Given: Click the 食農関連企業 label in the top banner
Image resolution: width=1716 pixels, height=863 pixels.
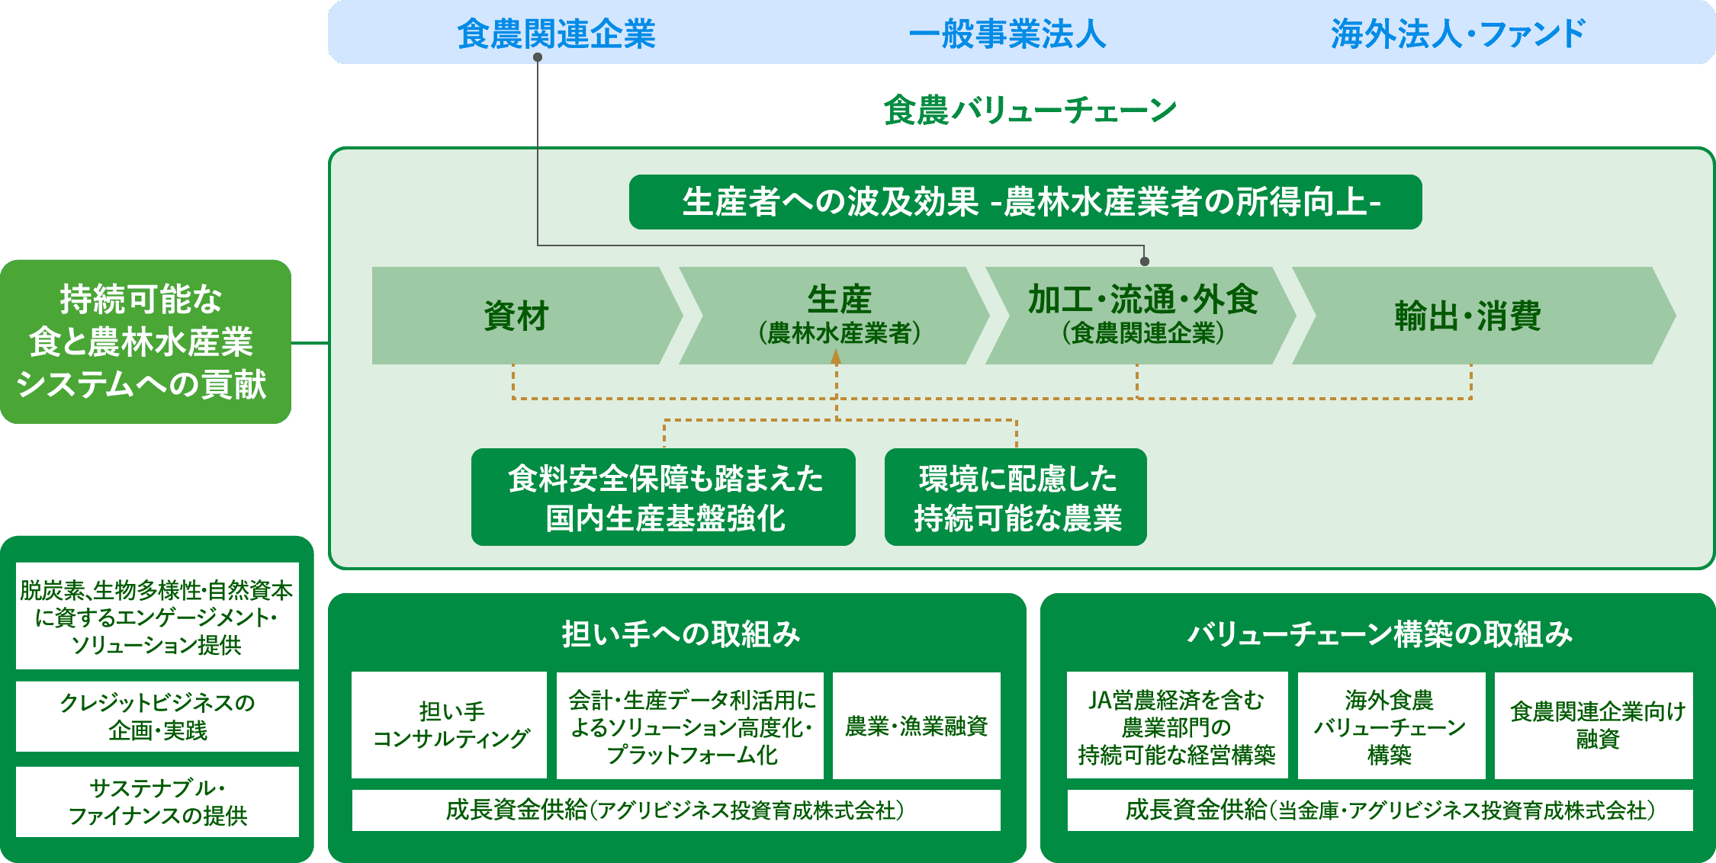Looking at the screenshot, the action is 556,34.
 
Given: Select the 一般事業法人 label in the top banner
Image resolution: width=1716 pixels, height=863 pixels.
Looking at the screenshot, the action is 1007,34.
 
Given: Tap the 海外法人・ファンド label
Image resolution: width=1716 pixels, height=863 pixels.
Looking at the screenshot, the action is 1458,34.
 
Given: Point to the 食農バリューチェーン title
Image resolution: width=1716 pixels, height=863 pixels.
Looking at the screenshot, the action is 1030,110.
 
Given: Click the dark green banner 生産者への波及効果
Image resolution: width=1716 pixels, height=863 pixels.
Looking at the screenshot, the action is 1025,202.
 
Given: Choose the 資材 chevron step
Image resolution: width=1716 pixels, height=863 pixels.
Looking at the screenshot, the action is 526,316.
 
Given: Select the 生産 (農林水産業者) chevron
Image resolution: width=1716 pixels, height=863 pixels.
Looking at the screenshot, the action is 834,316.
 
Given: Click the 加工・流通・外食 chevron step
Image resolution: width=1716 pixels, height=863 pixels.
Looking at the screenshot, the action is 1141,316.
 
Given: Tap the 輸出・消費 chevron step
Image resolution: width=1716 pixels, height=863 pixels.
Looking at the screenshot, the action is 1483,316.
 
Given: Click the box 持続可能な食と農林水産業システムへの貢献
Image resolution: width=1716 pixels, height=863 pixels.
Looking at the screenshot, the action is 146,342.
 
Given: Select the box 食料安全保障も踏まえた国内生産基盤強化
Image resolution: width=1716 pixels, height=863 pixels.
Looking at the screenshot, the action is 664,497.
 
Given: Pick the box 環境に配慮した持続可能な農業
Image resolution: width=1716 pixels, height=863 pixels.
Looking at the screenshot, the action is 1016,497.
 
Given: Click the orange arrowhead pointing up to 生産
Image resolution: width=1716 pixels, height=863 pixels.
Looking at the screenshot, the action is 836,357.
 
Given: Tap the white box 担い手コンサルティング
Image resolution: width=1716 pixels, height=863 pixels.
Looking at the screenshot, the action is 449,725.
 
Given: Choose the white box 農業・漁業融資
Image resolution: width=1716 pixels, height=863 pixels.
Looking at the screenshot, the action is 917,725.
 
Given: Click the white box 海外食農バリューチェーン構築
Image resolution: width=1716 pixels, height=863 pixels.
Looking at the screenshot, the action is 1392,725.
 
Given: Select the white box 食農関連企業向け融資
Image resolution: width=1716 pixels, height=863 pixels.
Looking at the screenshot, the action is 1594,725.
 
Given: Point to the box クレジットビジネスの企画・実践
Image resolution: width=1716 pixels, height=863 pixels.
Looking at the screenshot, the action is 157,717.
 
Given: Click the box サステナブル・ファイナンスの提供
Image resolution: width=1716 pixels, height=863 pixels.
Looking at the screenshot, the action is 157,802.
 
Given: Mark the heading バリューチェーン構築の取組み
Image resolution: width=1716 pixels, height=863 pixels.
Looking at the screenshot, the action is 1380,634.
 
